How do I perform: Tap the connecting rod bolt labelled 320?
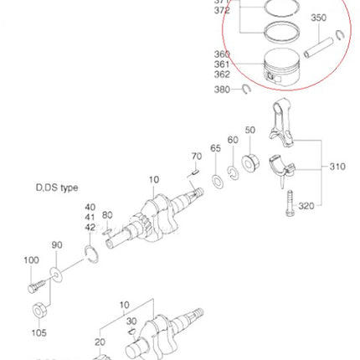291,205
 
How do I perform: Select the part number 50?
249,131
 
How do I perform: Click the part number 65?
215,147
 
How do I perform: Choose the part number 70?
198,156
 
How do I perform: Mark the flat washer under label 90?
55,274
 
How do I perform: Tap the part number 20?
101,342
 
